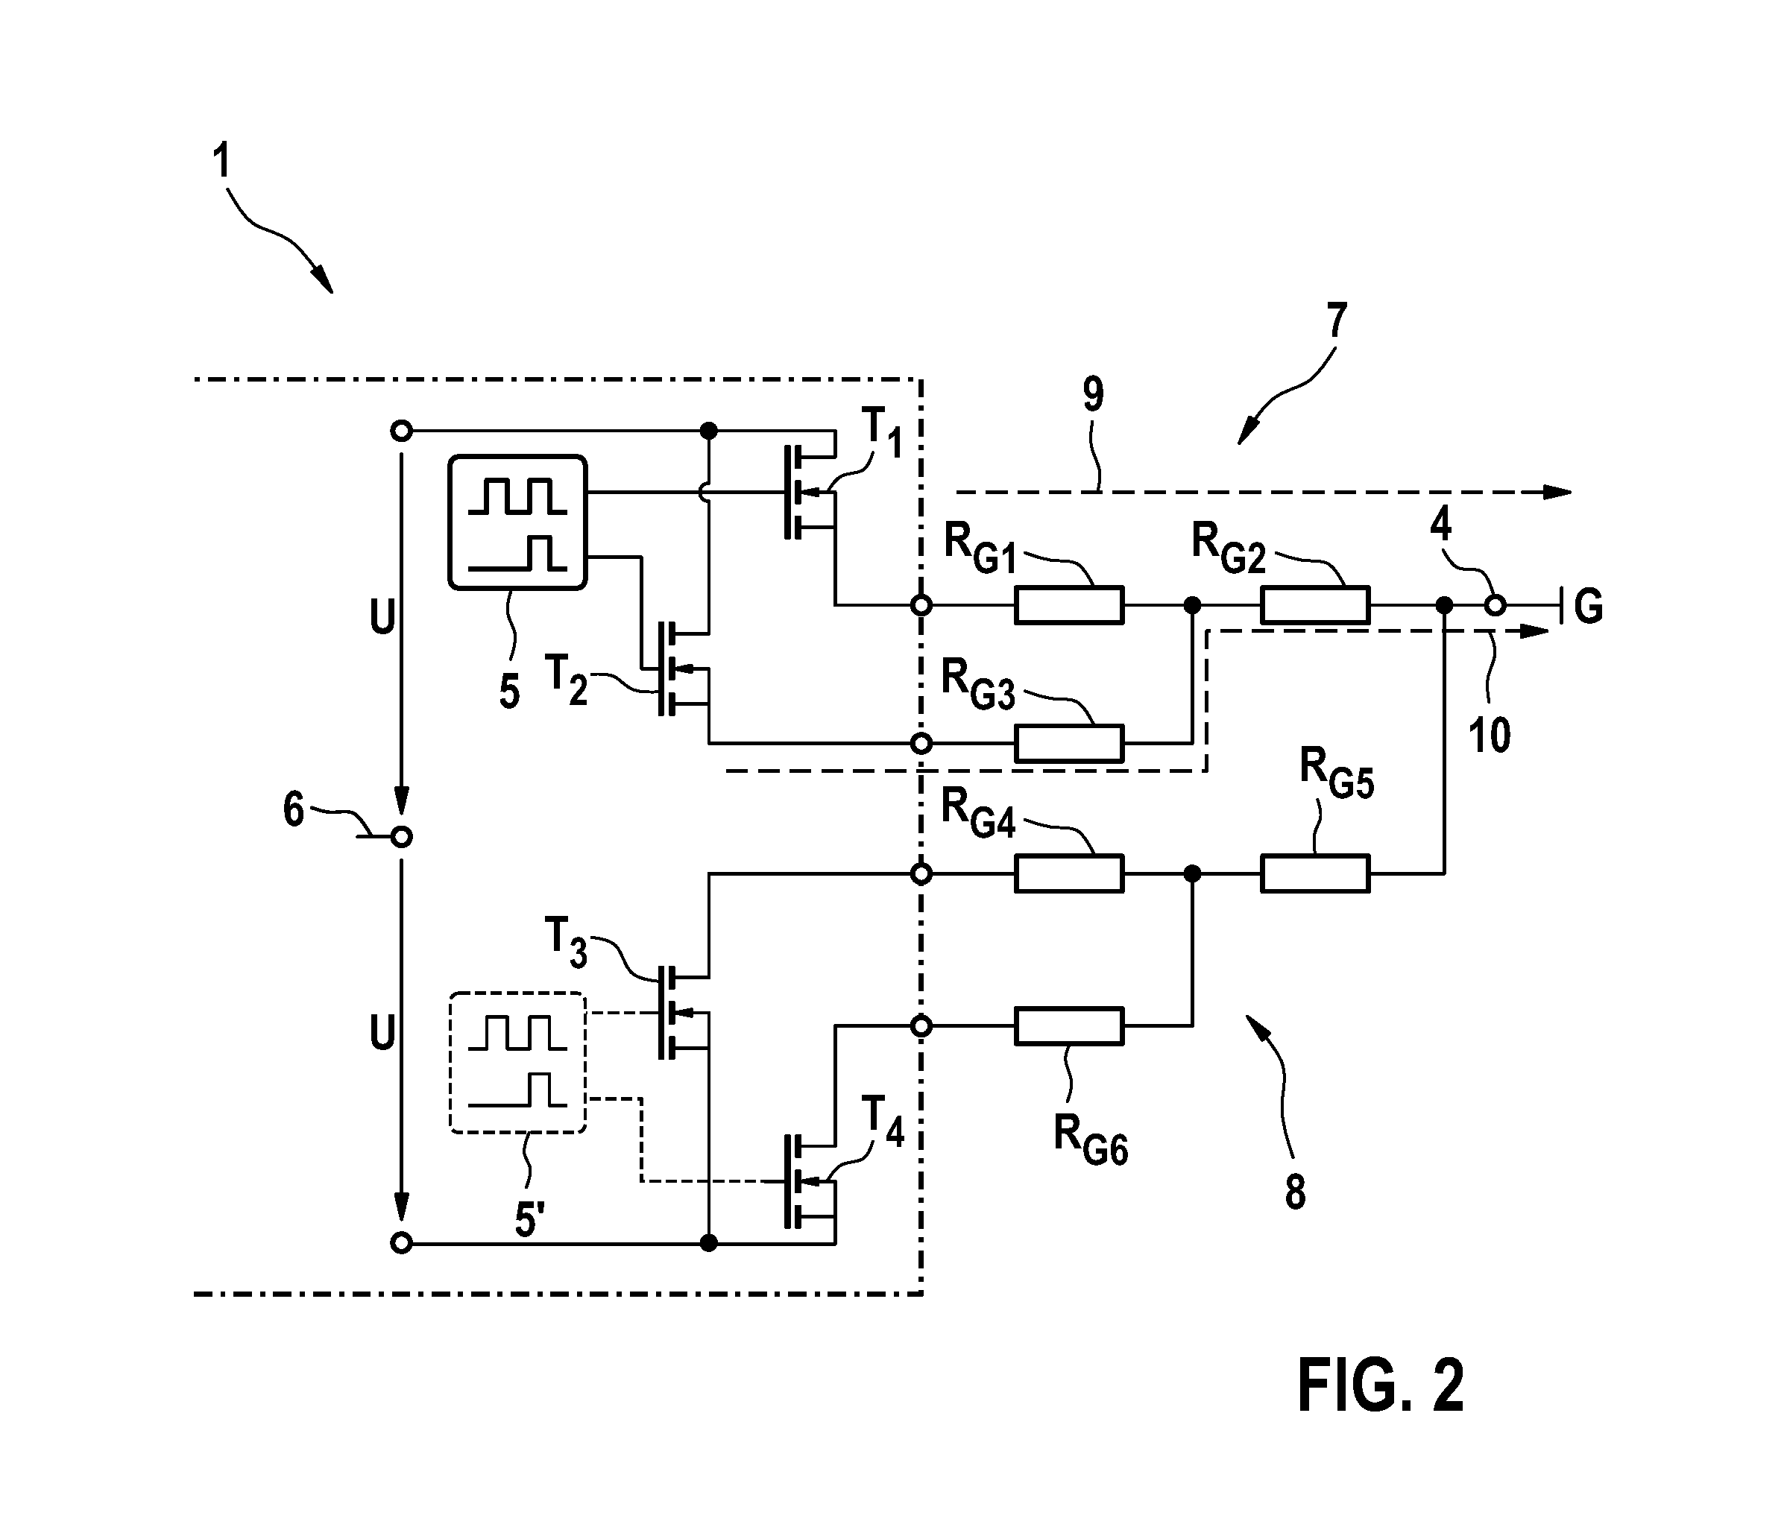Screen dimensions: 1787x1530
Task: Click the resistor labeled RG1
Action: point(1068,605)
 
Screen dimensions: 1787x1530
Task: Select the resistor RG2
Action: point(1315,605)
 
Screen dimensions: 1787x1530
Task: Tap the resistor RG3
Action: point(1068,743)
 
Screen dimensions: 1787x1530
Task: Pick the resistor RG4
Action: point(1068,873)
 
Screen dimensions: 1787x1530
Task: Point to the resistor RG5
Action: point(1315,873)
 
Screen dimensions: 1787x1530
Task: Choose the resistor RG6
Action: point(1068,1025)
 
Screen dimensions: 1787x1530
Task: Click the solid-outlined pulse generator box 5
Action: point(517,522)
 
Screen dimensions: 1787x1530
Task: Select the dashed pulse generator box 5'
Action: point(517,1063)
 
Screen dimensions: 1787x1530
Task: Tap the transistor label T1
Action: point(881,433)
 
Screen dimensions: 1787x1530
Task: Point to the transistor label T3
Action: point(566,943)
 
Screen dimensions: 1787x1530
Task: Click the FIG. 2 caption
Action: point(1381,1385)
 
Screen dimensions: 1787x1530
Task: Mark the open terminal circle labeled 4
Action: point(1496,606)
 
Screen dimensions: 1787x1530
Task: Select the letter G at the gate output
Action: point(1589,606)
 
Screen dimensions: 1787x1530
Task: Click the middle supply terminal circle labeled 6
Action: point(401,836)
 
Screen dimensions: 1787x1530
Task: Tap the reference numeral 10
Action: point(1490,736)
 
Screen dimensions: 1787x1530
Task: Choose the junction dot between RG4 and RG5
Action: point(1192,873)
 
